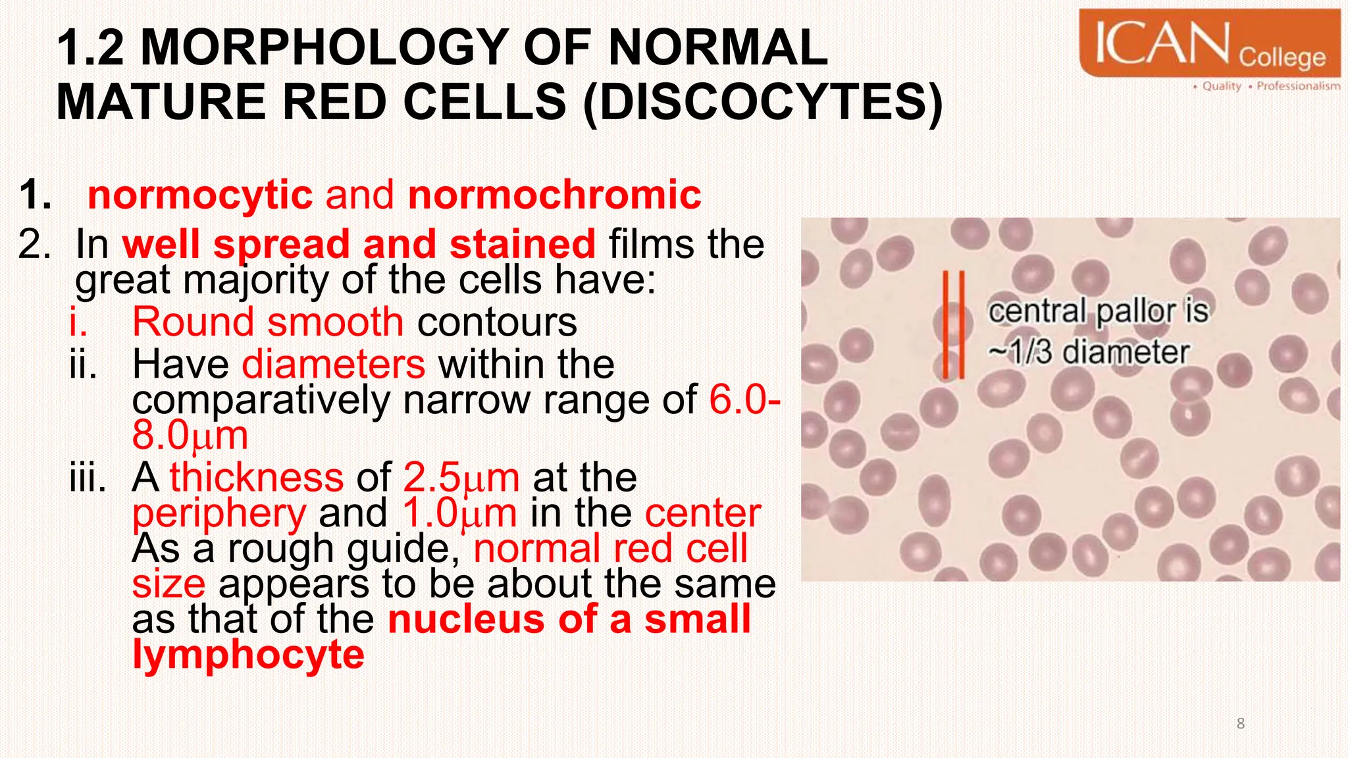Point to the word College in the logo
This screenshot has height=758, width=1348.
click(x=1282, y=58)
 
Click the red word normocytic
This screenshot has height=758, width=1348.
click(x=199, y=195)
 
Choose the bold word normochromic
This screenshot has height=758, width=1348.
click(x=554, y=195)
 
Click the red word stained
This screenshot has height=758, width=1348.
click(x=523, y=244)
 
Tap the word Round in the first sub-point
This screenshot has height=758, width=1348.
click(x=192, y=322)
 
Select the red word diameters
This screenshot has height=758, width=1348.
click(x=334, y=364)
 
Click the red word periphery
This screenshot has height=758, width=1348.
click(x=219, y=514)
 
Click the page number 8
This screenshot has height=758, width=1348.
click(x=1240, y=724)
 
